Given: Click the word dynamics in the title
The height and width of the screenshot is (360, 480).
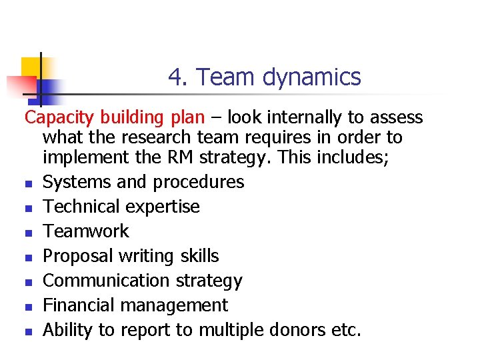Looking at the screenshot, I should point(311,78).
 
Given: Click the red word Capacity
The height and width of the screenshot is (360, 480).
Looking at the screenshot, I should point(61,118).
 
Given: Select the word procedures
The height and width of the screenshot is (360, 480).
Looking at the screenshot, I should point(199,182).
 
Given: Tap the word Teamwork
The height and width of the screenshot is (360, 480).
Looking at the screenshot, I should point(86,231).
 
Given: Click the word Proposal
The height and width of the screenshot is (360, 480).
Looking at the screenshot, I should point(78,256).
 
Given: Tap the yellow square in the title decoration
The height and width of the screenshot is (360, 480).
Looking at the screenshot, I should point(30,67).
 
